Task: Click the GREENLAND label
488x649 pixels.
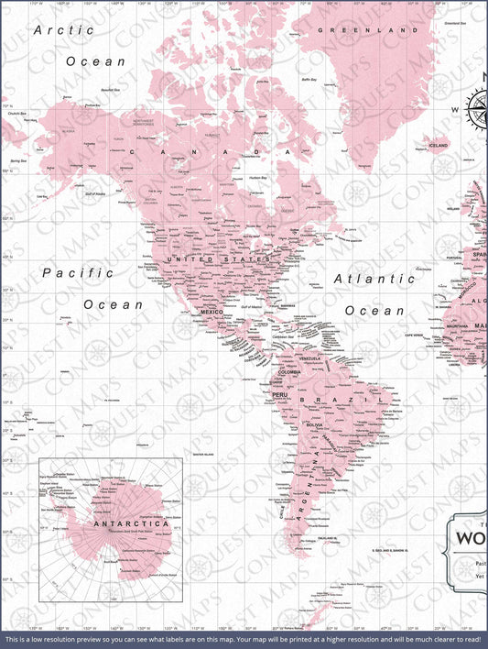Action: (361, 30)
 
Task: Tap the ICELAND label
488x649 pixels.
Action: (439, 146)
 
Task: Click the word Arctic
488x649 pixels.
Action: (64, 30)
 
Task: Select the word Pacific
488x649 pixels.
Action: (78, 272)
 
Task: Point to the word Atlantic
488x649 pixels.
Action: (374, 278)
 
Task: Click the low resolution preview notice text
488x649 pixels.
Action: (244, 639)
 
